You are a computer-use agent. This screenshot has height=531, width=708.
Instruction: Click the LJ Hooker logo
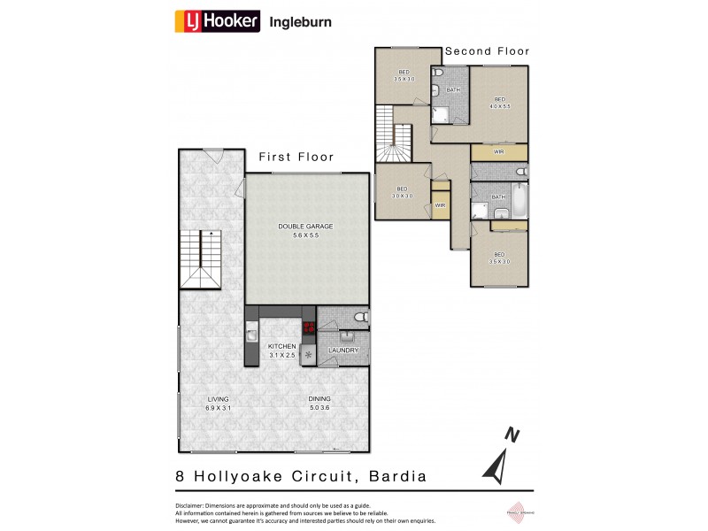(218, 20)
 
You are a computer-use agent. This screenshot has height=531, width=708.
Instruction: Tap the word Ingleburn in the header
(301, 21)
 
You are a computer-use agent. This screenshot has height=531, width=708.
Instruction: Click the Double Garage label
(305, 231)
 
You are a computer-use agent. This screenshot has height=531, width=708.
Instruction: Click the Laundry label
(343, 351)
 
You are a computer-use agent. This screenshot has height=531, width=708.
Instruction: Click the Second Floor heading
(487, 51)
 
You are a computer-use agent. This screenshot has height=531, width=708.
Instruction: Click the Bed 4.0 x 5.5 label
(499, 102)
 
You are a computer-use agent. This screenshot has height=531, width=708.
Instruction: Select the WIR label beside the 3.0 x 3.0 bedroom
(440, 205)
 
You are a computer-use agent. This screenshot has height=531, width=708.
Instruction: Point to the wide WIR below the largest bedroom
(499, 152)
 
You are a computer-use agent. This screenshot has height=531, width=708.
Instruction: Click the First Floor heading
(296, 158)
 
